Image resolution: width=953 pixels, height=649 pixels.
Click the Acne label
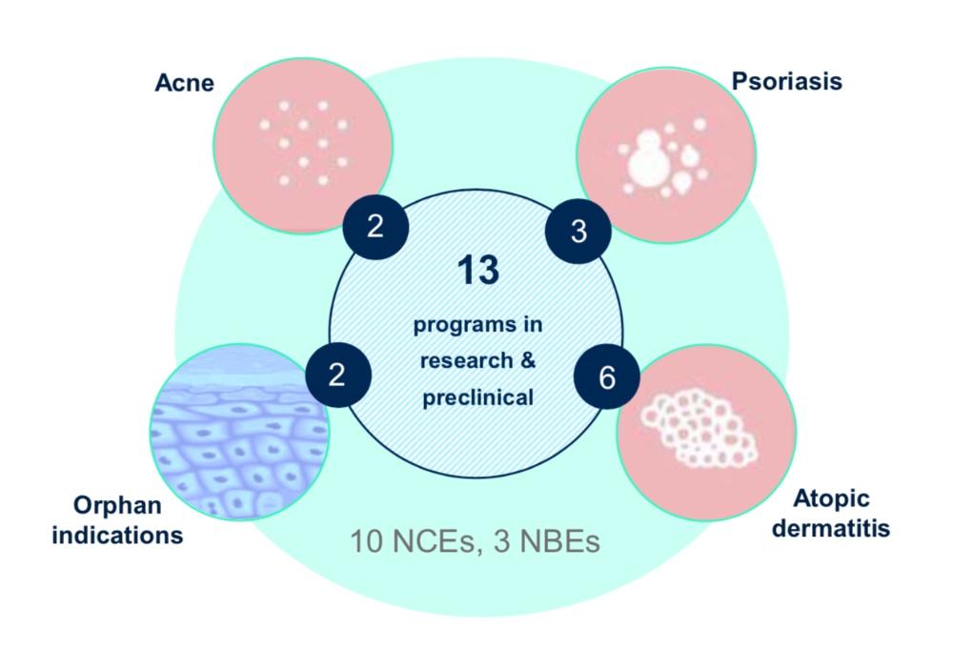185,84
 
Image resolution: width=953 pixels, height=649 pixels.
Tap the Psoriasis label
787,81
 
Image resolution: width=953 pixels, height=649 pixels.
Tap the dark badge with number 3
578,232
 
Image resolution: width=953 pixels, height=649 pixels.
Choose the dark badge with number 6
607,376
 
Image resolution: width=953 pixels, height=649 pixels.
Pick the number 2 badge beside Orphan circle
335,375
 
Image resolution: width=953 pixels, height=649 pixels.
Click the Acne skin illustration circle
303,144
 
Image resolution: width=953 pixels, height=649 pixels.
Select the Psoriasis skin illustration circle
664,152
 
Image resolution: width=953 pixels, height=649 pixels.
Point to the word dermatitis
831,528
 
